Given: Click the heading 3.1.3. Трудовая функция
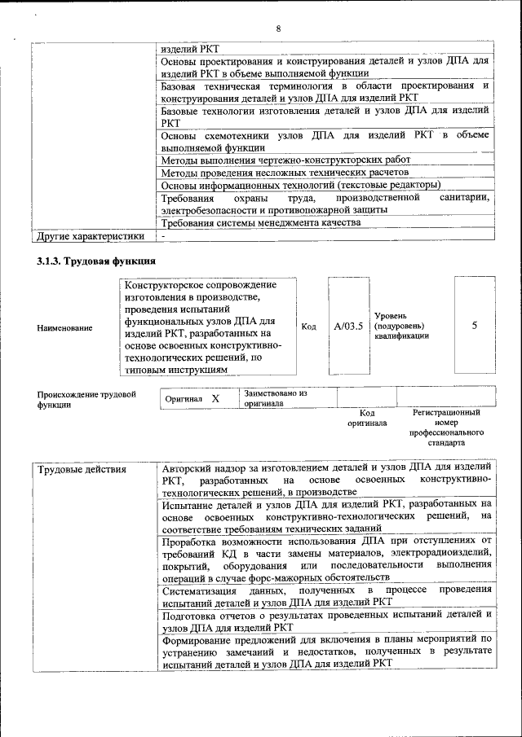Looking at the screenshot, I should (95, 261).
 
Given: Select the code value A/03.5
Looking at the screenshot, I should (348, 327).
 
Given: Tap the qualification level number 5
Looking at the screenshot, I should (475, 326).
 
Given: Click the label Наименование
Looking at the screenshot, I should (64, 327).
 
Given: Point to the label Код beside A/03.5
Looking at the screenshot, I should (309, 327).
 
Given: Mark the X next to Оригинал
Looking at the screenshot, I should (215, 399).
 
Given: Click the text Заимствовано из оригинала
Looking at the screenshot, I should (275, 397).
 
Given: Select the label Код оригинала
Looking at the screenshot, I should (367, 418).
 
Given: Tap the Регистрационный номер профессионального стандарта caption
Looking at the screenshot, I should (448, 428).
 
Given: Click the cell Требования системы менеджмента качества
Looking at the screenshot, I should (260, 222).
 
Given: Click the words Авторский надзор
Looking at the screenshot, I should (201, 469).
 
